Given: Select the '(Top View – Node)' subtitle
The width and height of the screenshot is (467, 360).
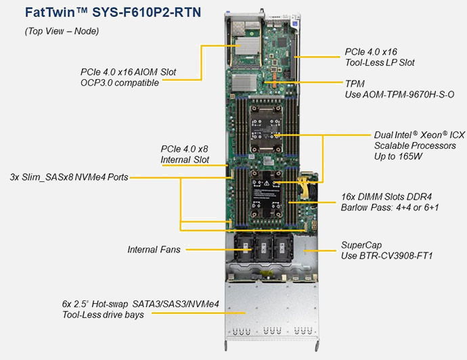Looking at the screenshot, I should click(x=62, y=31).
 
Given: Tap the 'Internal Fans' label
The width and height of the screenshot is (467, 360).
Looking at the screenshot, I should click(x=154, y=250).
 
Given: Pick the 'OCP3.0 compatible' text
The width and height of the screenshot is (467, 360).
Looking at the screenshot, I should click(x=119, y=83).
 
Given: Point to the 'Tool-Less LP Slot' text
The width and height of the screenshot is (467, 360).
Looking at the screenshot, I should click(x=379, y=62).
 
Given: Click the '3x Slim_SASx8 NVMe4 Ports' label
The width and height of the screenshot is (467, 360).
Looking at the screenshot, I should click(x=69, y=177).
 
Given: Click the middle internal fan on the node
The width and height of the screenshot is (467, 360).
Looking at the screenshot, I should click(x=262, y=248).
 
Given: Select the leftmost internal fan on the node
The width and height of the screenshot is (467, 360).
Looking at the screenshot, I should click(x=242, y=248).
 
